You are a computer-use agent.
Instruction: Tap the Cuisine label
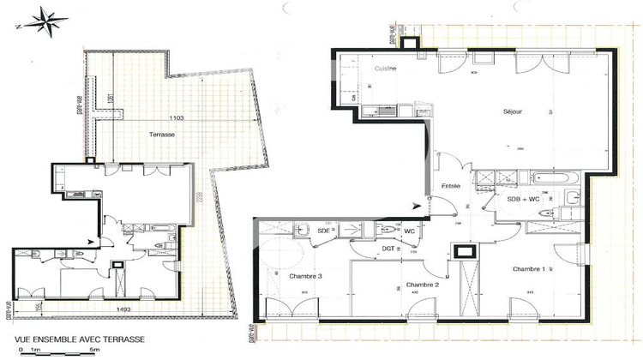click(x=385, y=68)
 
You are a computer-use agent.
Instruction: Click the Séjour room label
click(x=513, y=111)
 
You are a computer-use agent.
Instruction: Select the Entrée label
click(x=451, y=186)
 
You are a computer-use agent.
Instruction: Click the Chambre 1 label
click(x=528, y=269)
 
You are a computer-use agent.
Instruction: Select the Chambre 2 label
click(x=423, y=285)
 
